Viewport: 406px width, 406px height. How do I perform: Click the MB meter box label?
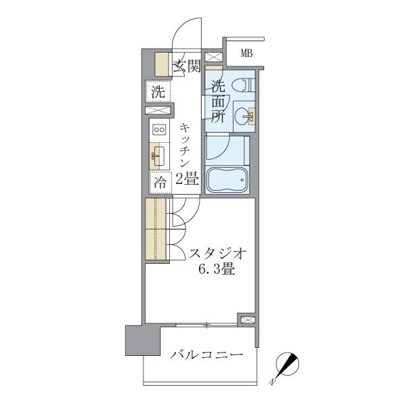coord(246,53)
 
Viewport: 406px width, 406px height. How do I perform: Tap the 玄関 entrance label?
coord(187,66)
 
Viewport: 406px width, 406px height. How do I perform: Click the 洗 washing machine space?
coord(158,91)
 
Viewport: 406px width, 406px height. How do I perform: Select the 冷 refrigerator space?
coord(160,183)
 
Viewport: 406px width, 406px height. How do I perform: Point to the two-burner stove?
coord(159,129)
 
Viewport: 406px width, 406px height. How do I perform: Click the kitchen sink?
coord(158,156)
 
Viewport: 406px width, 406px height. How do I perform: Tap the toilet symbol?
coord(244,85)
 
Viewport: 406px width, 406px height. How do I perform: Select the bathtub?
coord(227,180)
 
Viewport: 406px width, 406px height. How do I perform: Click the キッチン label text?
coord(185,145)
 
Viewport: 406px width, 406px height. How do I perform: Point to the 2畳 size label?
coord(187,179)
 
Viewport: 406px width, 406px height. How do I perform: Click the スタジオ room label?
coord(217,254)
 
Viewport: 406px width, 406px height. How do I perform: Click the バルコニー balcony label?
coord(206,355)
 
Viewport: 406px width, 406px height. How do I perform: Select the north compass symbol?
coord(287,365)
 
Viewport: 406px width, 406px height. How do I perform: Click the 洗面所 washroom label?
coord(219,101)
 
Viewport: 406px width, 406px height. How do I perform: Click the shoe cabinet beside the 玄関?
coord(162,64)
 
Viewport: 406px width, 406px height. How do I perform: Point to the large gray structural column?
coord(143,340)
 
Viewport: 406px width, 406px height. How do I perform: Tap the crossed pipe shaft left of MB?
coord(214,57)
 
